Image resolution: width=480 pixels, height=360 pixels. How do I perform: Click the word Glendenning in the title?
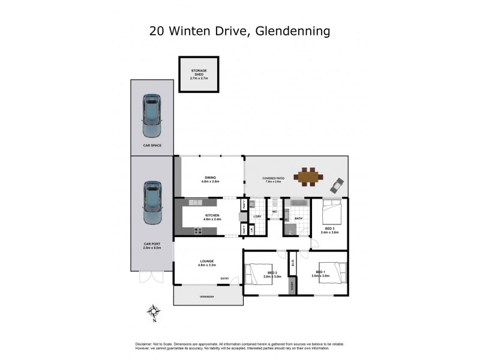click(x=292, y=30)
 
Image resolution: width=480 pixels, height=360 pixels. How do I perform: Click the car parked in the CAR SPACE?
click(x=152, y=115)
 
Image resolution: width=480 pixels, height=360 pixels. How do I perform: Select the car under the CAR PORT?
click(x=152, y=203)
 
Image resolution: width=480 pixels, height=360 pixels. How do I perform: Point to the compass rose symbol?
click(x=154, y=312)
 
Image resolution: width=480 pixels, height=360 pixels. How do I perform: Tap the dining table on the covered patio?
click(x=308, y=177)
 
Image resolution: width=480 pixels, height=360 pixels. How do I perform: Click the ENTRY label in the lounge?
click(x=225, y=278)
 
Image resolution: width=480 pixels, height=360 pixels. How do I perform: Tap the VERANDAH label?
click(x=208, y=297)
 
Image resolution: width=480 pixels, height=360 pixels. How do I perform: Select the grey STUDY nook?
click(x=292, y=287)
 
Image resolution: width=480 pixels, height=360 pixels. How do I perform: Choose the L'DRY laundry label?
click(x=257, y=217)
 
